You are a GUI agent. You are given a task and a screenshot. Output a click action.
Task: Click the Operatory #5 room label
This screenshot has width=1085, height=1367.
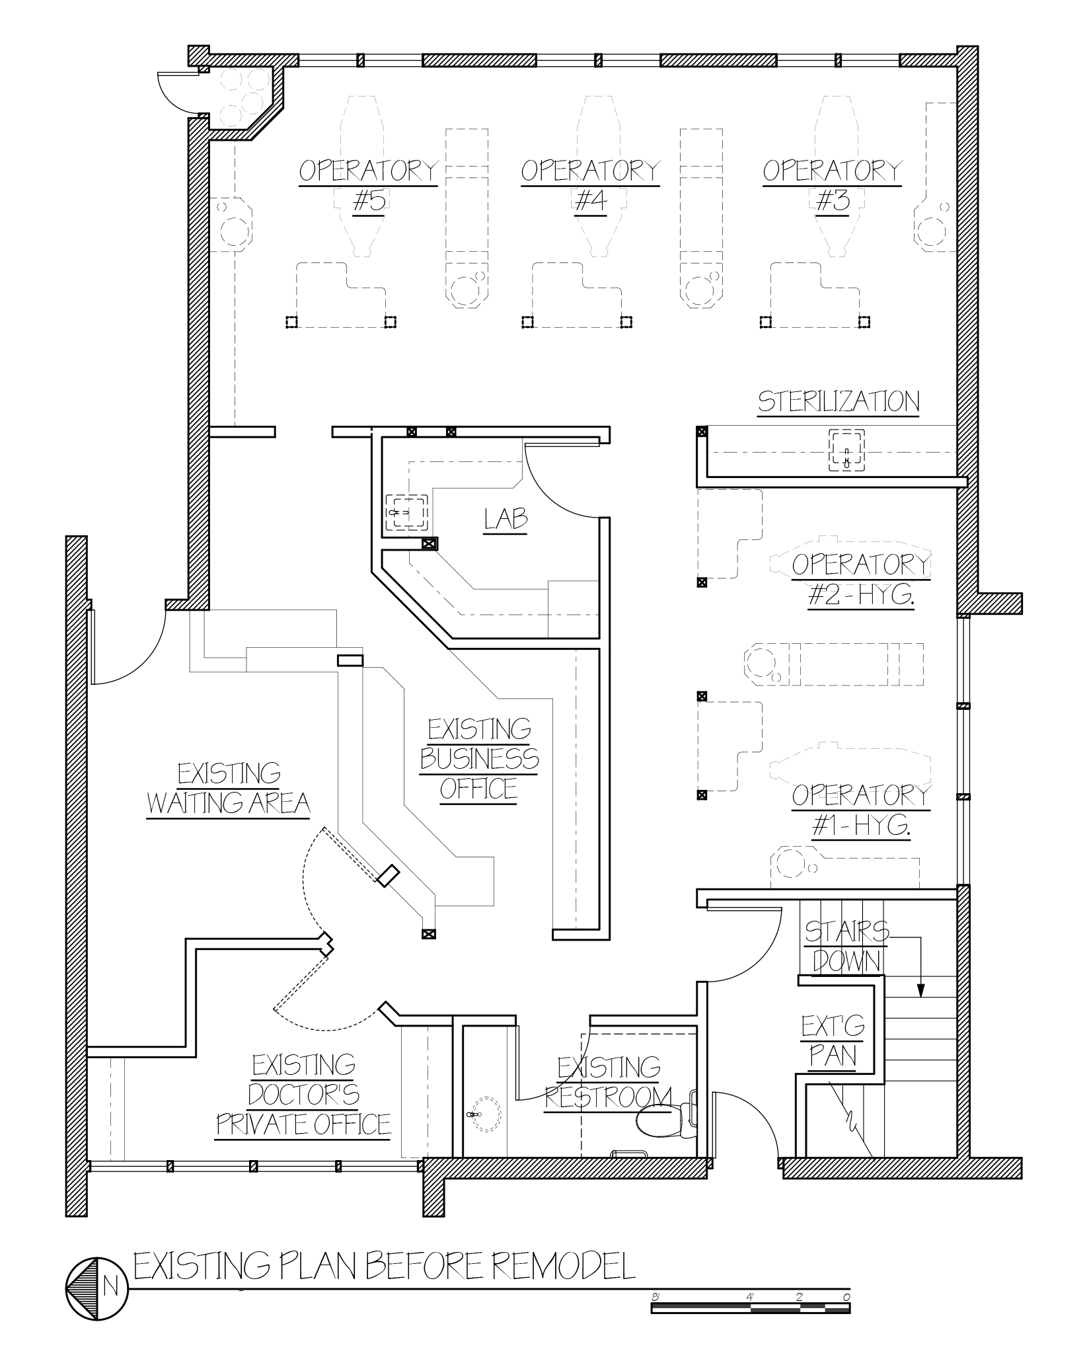pos(368,186)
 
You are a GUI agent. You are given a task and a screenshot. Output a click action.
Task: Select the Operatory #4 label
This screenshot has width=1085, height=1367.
pos(590,186)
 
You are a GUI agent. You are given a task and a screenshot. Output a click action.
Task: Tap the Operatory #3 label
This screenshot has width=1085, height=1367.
pos(832,186)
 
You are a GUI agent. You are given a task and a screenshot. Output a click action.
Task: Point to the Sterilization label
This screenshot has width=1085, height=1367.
pos(839,402)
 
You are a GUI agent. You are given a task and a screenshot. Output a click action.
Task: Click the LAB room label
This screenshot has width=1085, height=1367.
pos(506,520)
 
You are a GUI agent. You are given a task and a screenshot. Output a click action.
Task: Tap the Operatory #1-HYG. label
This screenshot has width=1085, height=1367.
pos(861,810)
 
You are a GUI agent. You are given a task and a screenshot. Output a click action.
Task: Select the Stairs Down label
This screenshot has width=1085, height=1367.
pos(847,947)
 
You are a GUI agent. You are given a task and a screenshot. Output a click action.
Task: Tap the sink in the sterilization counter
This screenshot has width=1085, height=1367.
pos(846,451)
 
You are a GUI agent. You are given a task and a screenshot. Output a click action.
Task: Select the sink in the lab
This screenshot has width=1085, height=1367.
pos(406,512)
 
